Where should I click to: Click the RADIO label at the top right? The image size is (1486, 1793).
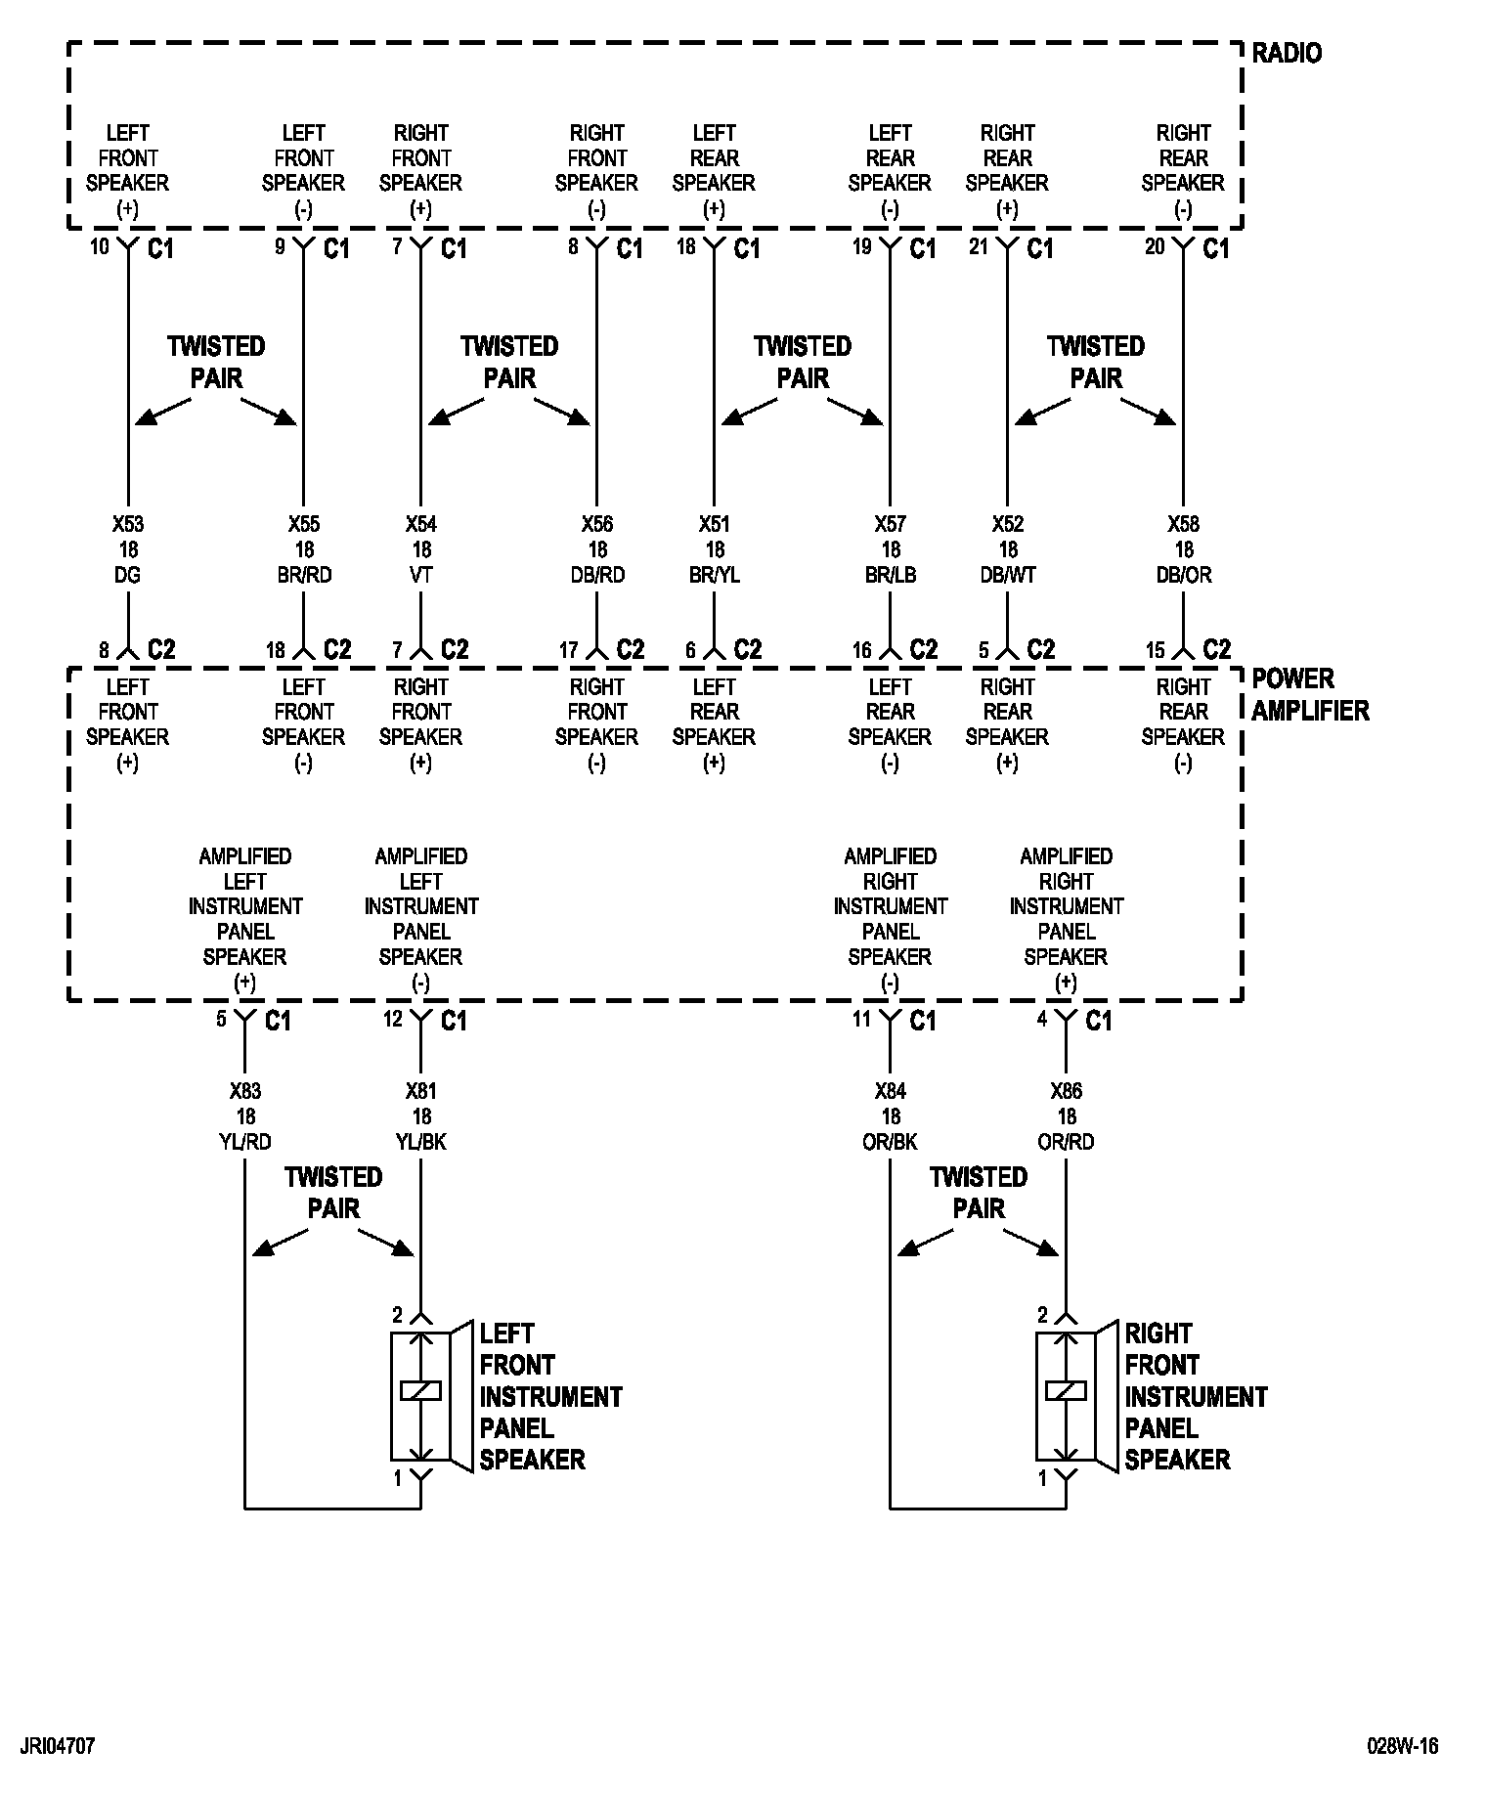click(1287, 53)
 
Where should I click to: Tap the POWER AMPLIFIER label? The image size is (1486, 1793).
click(1310, 695)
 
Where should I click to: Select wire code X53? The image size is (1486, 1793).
click(127, 525)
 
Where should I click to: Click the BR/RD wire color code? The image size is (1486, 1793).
click(304, 575)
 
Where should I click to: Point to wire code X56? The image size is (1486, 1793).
click(596, 525)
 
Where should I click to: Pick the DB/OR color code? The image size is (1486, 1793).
click(1183, 575)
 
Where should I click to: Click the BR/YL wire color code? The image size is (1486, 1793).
click(714, 575)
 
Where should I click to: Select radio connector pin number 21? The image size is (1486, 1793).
click(979, 247)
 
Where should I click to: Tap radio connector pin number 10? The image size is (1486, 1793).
click(100, 247)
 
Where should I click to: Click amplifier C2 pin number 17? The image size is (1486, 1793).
click(569, 650)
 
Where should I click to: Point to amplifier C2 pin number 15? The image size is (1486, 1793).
click(1156, 650)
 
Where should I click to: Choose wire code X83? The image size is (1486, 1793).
click(244, 1091)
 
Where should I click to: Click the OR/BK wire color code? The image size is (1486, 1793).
click(890, 1141)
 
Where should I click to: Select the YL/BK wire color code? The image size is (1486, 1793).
click(421, 1141)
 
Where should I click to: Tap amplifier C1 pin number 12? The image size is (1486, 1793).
click(393, 1020)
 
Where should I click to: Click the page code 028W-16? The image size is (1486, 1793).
click(1403, 1746)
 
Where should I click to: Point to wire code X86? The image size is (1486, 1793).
click(1066, 1091)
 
